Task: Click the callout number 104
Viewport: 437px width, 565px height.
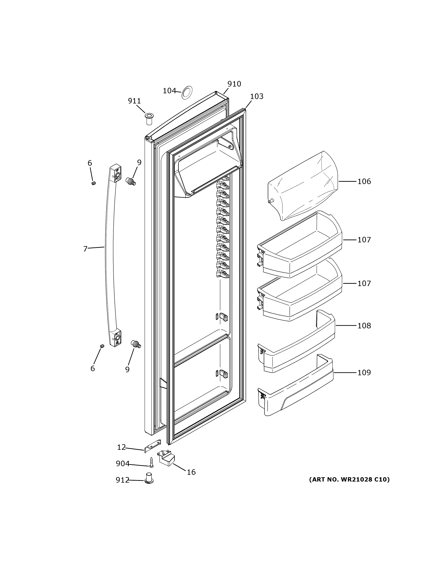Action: pos(169,91)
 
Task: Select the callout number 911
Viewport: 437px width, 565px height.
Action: pos(134,101)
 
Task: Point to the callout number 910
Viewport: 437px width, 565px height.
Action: pos(234,84)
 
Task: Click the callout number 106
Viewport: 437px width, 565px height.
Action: pos(364,181)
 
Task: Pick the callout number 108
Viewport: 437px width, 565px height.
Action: pos(364,326)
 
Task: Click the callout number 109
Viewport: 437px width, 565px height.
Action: pos(364,373)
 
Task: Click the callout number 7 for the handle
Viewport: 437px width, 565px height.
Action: pos(85,249)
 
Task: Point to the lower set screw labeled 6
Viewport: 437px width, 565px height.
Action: pos(102,346)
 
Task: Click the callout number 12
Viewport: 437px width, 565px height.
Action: pos(121,447)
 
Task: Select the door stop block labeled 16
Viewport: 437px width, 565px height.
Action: pos(166,459)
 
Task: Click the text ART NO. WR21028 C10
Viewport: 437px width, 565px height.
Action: pos(349,480)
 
